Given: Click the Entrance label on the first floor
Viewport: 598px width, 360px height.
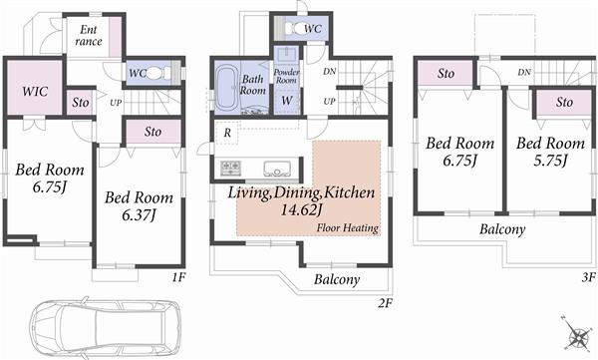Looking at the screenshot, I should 88,36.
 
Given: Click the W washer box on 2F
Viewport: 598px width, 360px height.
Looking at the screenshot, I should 286,101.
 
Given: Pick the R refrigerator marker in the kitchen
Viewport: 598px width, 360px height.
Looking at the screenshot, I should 228,133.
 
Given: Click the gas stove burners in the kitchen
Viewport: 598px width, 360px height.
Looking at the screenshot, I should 230,167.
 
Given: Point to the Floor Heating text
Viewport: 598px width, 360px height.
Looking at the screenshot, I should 348,228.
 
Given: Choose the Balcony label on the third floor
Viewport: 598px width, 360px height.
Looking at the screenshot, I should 502,228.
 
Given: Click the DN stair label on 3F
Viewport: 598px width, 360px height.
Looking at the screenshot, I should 524,73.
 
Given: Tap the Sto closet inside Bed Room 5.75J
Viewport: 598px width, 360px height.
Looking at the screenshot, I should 564,102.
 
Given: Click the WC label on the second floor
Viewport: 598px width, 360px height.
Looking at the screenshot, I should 311,28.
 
